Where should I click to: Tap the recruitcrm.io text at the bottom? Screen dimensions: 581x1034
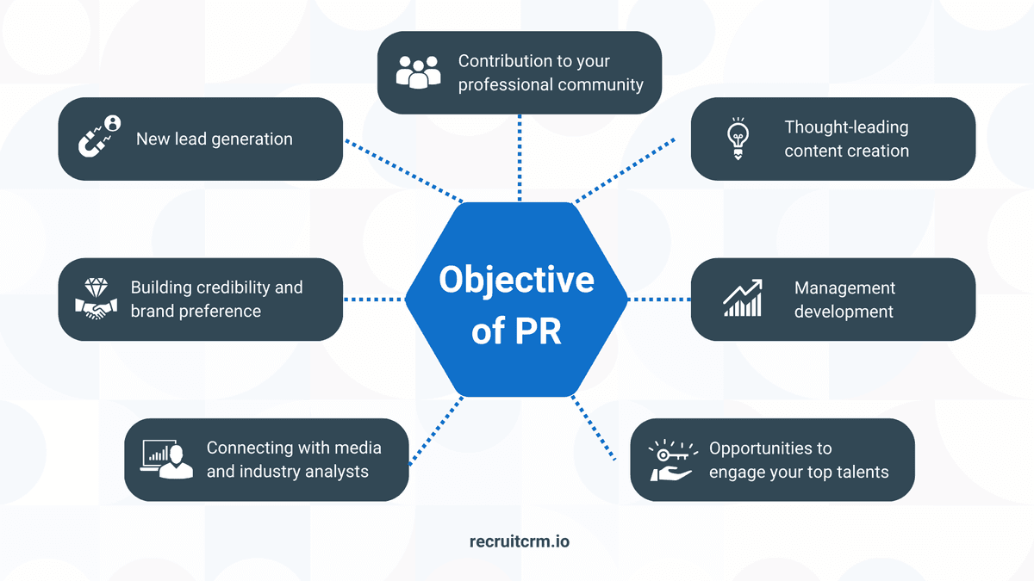click(519, 541)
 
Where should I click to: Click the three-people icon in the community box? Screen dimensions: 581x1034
click(418, 72)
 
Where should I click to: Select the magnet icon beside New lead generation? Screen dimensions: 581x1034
click(99, 138)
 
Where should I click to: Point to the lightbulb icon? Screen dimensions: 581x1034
click(738, 139)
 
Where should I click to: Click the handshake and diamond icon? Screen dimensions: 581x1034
click(96, 300)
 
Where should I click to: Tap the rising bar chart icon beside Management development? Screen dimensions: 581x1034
click(743, 299)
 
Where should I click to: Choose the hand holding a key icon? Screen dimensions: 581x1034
click(671, 460)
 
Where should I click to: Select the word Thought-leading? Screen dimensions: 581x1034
click(846, 127)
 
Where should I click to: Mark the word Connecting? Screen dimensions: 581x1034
click(249, 448)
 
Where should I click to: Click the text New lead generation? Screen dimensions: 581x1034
click(214, 139)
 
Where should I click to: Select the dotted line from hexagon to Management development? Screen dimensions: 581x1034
click(659, 300)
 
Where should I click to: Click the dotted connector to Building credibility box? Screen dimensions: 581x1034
click(373, 300)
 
